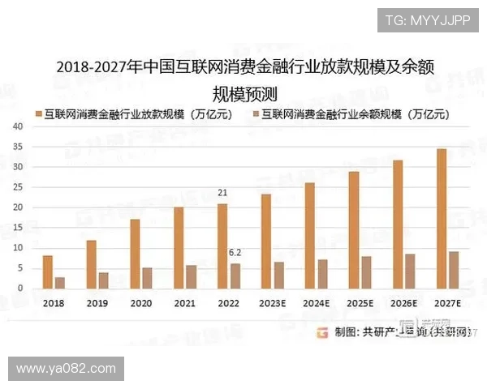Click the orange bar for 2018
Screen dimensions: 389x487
[48, 271]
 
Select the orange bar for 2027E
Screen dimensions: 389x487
[442, 218]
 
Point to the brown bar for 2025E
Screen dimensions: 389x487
[366, 272]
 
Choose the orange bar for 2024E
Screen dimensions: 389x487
[310, 235]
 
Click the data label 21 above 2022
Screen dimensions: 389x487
[223, 193]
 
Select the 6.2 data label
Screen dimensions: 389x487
[235, 252]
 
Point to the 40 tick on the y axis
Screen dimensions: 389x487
[17, 126]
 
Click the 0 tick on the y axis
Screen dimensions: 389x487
[19, 289]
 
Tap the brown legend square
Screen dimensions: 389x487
[257, 114]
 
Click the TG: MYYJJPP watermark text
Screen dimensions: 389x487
[428, 20]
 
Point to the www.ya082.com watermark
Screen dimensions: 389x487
[66, 370]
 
